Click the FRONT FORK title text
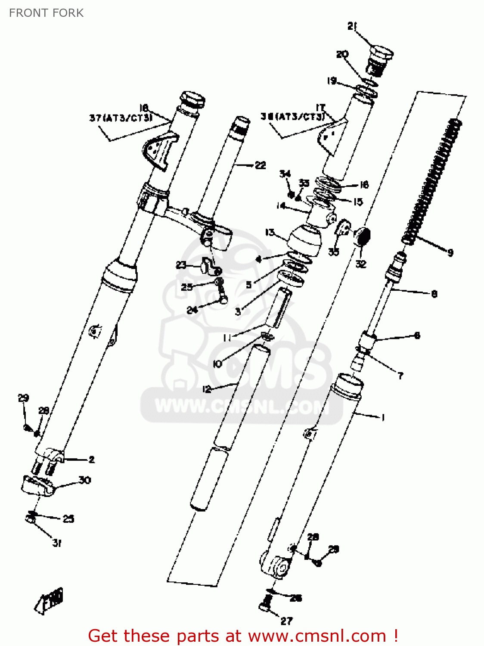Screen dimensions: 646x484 click(x=46, y=13)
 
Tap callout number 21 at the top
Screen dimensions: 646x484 click(x=352, y=26)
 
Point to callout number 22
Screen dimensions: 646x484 click(x=261, y=165)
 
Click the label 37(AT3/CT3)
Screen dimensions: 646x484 click(x=121, y=118)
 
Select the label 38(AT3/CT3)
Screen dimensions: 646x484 click(x=292, y=116)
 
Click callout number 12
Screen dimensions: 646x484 click(x=207, y=389)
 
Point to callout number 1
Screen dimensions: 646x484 click(x=383, y=417)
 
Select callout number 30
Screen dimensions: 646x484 click(x=85, y=480)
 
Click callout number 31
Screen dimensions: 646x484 click(x=57, y=543)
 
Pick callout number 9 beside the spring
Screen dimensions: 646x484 click(x=450, y=252)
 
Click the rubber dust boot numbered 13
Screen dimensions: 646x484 click(x=304, y=240)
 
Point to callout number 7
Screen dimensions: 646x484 click(x=400, y=376)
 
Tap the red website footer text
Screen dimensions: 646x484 click(x=243, y=636)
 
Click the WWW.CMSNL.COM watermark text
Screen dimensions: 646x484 click(x=239, y=406)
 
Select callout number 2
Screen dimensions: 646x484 click(x=91, y=460)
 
